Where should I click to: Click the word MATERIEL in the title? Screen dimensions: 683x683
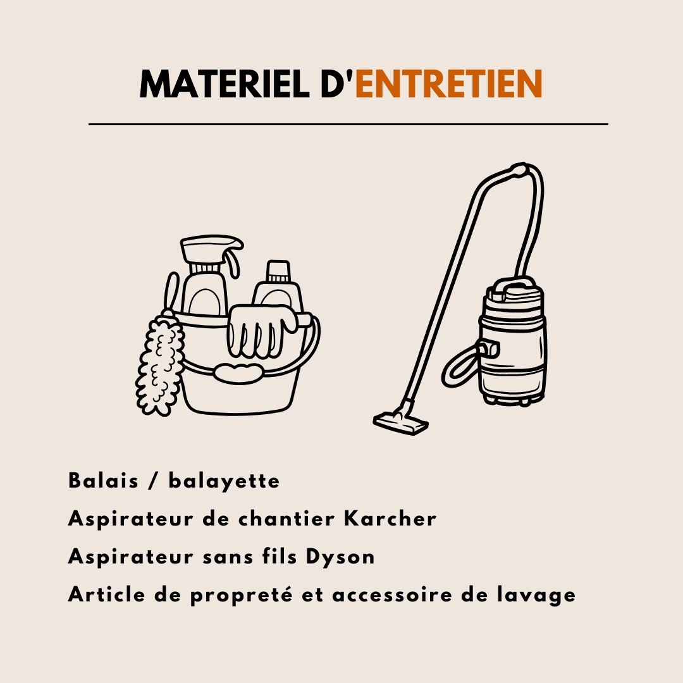click(225, 83)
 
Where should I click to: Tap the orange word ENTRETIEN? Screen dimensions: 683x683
click(448, 83)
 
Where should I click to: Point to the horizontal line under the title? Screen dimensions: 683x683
click(348, 124)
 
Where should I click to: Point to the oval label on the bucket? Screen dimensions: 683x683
click(238, 373)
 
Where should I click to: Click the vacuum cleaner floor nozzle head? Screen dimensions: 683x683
click(400, 422)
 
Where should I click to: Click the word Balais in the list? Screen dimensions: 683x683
click(103, 481)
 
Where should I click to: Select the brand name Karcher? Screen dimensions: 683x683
click(390, 519)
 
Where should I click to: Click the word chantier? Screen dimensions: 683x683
click(286, 519)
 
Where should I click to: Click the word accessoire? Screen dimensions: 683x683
click(392, 595)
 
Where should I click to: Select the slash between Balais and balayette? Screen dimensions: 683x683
click(153, 481)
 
